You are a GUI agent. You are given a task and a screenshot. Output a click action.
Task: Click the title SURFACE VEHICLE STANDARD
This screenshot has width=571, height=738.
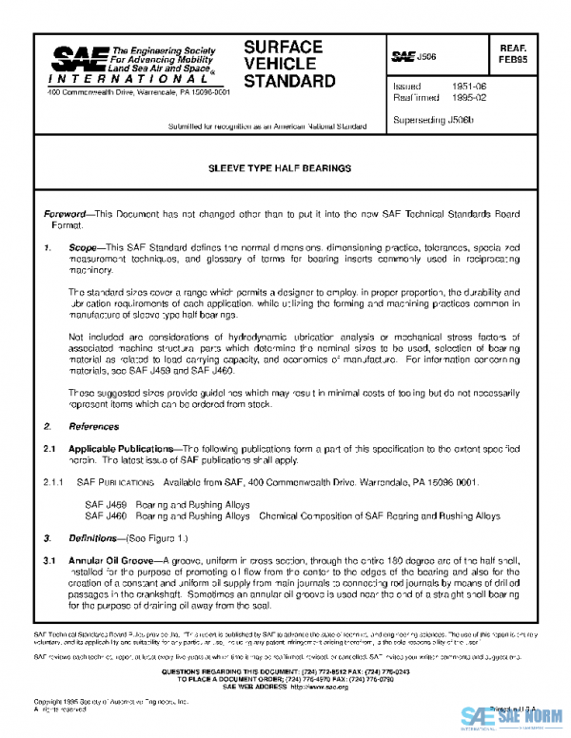click(x=289, y=64)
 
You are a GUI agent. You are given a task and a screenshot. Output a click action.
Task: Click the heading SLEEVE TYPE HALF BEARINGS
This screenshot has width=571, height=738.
click(x=280, y=167)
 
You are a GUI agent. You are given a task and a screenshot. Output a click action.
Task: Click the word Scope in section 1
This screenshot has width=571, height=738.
click(x=83, y=247)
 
